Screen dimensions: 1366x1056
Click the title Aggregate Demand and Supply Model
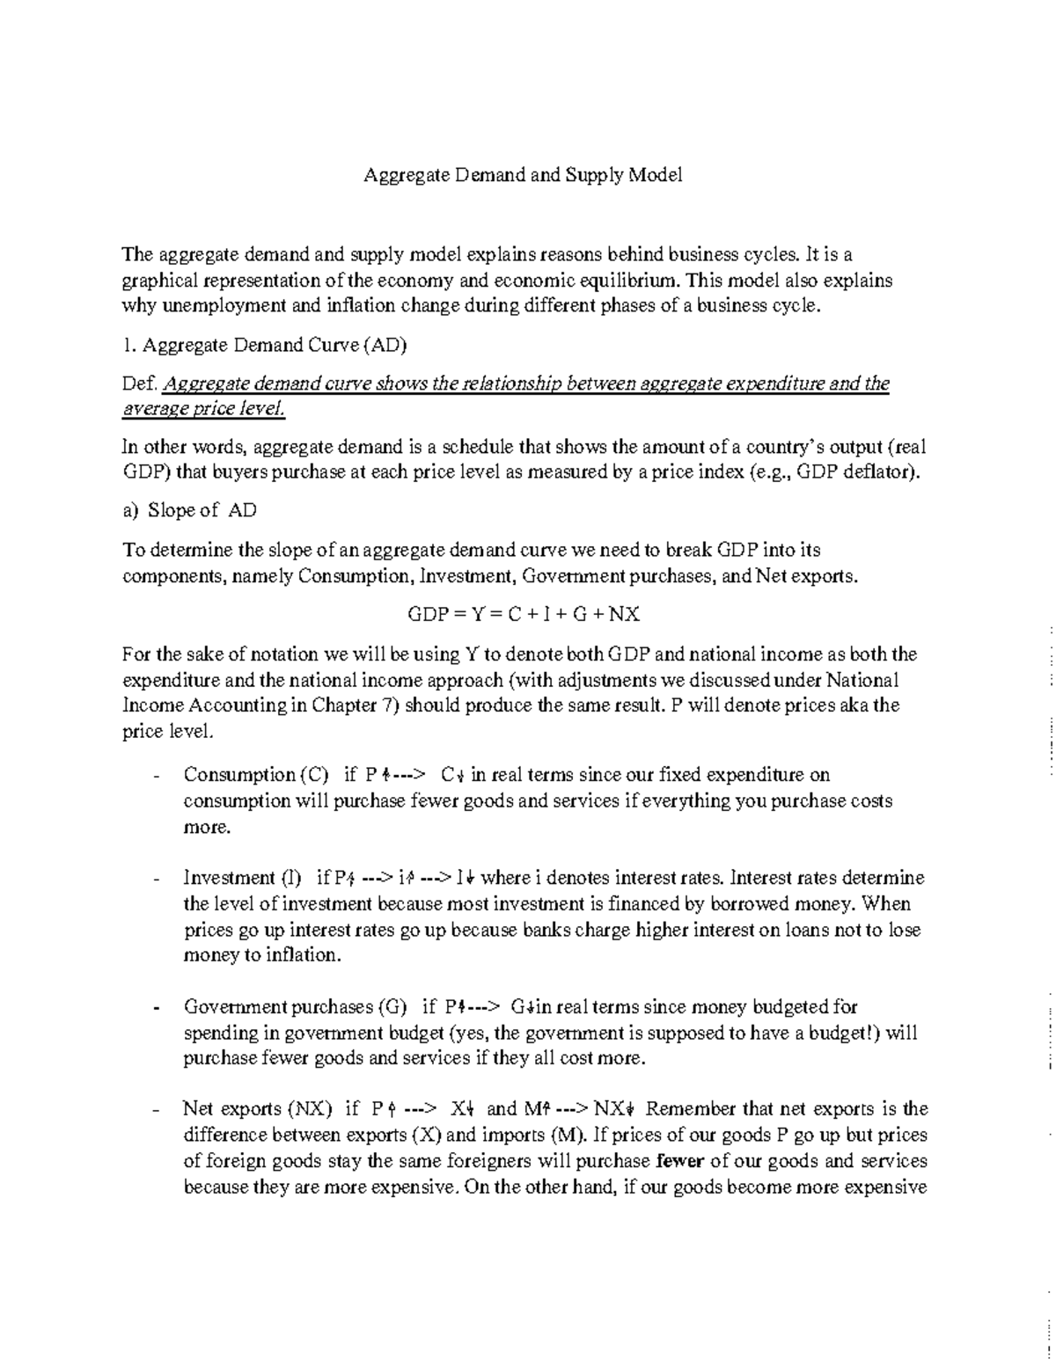(x=524, y=175)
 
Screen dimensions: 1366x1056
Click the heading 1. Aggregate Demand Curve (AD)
(x=264, y=345)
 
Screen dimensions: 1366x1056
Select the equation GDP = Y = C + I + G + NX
(x=524, y=614)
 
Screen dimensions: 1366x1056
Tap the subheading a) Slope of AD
(x=189, y=510)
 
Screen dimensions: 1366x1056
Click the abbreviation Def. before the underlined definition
(x=140, y=384)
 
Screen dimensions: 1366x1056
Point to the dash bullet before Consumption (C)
(x=156, y=777)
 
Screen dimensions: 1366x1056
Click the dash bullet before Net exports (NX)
(x=156, y=1111)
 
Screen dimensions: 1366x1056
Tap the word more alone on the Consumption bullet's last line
(x=206, y=827)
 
